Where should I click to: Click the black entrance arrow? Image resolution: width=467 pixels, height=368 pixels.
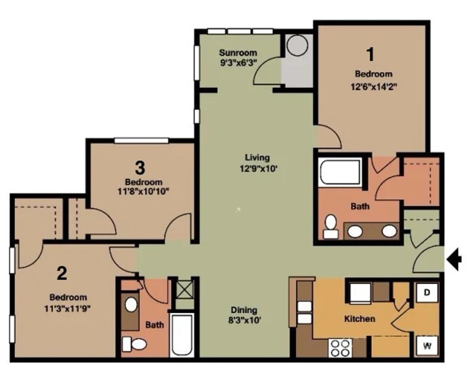[454, 259]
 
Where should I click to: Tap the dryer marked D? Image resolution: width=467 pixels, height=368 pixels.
[427, 293]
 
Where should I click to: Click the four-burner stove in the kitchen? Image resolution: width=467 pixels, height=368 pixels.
[340, 348]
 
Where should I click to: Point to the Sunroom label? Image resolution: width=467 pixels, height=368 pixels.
[238, 53]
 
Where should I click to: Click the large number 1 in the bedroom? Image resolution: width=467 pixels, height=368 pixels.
[370, 54]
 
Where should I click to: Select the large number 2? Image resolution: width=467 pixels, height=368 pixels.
[62, 274]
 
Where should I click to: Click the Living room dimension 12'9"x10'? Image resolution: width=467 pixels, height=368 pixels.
[258, 168]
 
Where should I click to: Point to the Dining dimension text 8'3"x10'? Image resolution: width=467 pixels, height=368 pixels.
[244, 320]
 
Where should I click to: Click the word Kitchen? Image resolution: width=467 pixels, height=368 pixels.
[360, 319]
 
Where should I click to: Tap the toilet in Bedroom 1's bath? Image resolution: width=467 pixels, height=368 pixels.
[331, 226]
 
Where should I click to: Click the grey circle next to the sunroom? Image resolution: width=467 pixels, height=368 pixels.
[297, 45]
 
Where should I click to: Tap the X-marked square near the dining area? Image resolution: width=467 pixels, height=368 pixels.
[184, 290]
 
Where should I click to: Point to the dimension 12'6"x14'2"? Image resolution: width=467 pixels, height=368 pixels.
[374, 87]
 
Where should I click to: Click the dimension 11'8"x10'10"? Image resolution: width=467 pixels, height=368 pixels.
[143, 191]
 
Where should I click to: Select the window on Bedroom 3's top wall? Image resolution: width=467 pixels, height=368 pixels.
[141, 140]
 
